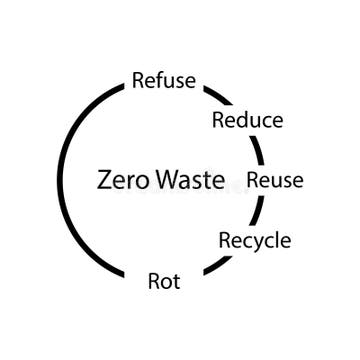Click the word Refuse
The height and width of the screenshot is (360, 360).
click(164, 81)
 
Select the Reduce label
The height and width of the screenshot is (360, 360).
click(247, 121)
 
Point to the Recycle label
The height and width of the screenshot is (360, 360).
click(255, 240)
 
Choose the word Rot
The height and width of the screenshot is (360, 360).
click(164, 281)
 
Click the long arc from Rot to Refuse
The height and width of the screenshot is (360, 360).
click(62, 180)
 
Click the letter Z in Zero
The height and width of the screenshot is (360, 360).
click(104, 180)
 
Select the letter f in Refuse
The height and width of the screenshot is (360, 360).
click(161, 80)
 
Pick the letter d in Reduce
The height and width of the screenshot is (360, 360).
click(244, 120)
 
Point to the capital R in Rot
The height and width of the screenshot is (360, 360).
click(154, 281)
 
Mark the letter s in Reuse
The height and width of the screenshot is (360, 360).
click(285, 181)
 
